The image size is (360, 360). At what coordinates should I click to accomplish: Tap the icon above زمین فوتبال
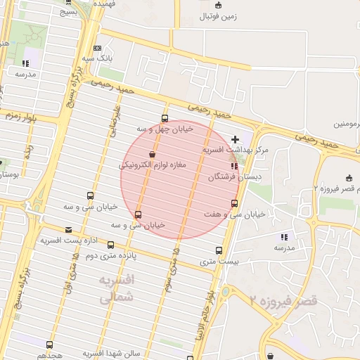pyautogui.click(x=218, y=5)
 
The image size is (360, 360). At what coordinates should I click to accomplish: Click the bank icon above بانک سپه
pyautogui.click(x=96, y=47)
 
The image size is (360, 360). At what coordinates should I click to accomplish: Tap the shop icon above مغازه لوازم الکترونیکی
pyautogui.click(x=152, y=154)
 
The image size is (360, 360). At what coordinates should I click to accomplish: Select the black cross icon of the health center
pyautogui.click(x=235, y=140)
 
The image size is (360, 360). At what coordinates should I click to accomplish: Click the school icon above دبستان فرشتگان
pyautogui.click(x=234, y=167)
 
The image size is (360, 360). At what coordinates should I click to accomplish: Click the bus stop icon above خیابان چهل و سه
pyautogui.click(x=165, y=118)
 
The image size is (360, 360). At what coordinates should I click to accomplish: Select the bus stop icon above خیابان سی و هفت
pyautogui.click(x=234, y=203)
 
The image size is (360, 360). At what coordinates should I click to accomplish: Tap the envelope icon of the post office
pyautogui.click(x=68, y=230)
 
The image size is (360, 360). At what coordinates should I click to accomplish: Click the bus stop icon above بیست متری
pyautogui.click(x=218, y=250)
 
